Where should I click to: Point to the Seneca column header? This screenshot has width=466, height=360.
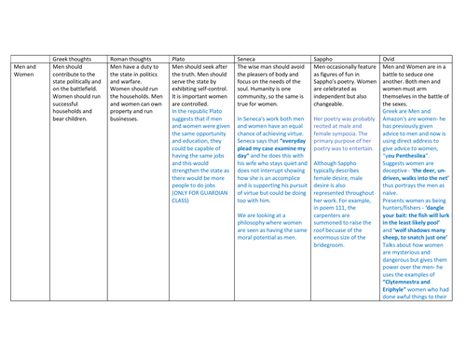click(252, 58)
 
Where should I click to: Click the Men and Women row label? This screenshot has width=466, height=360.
click(25, 72)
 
